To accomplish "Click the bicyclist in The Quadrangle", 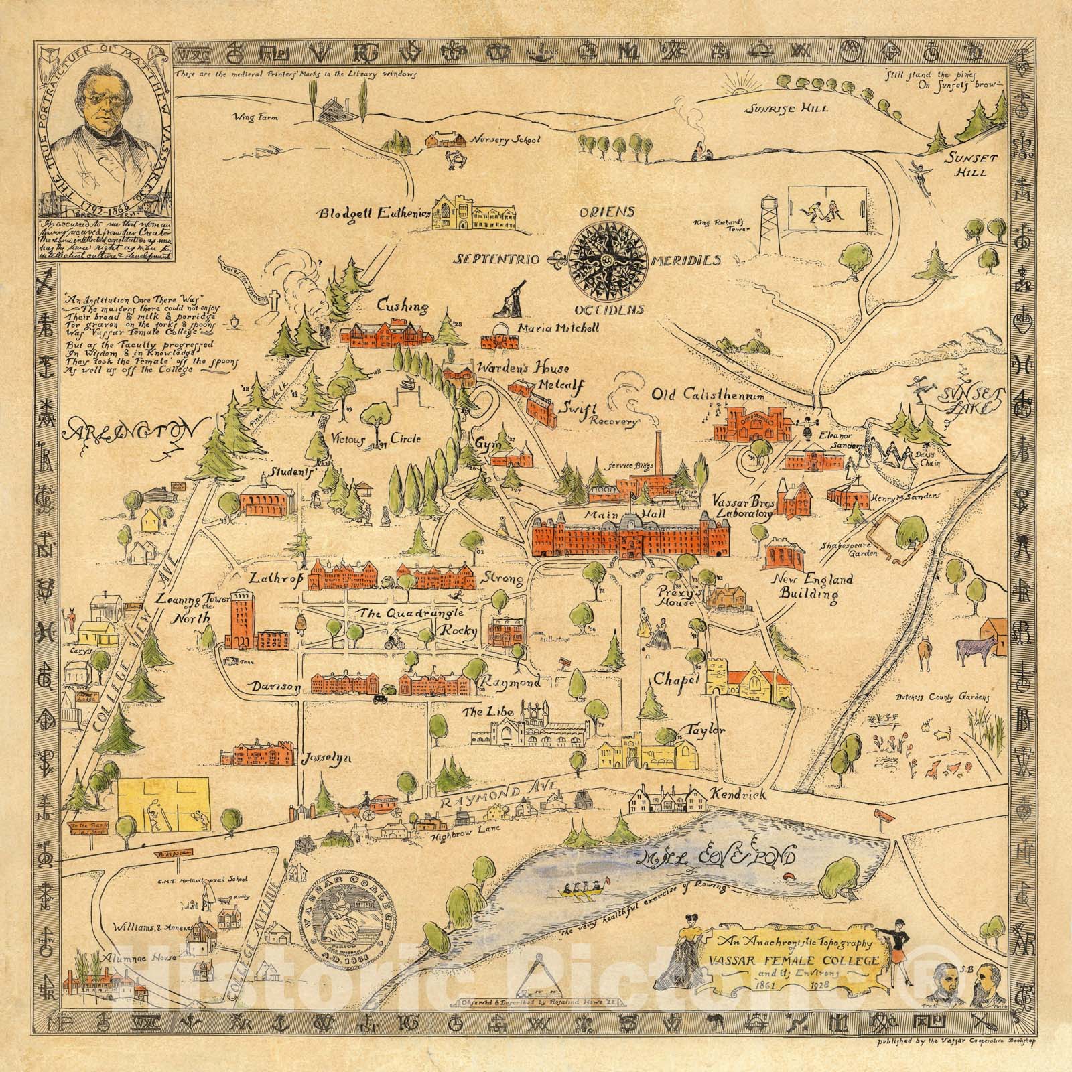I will tap(391, 640).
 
